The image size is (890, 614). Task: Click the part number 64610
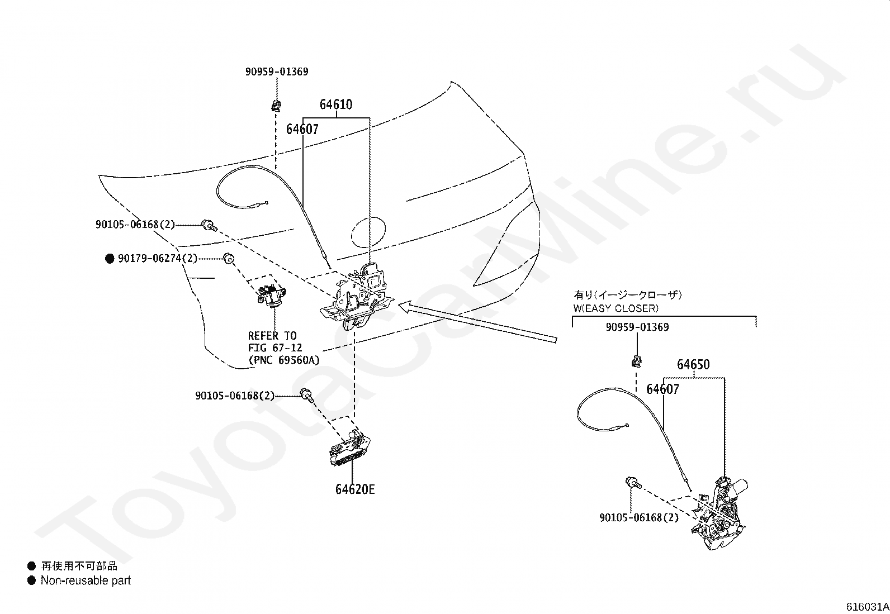click(x=336, y=104)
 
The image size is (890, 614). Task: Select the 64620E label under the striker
click(x=355, y=489)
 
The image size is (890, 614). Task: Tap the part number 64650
click(x=693, y=365)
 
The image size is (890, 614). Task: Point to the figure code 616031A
click(x=867, y=607)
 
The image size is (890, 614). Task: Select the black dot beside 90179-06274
click(x=110, y=259)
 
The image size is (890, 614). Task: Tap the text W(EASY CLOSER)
click(x=616, y=308)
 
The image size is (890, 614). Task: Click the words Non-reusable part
click(x=86, y=581)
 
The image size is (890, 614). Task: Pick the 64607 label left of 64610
click(x=302, y=130)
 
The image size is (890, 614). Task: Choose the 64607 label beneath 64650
click(x=662, y=389)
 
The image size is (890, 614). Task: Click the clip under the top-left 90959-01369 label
click(x=276, y=105)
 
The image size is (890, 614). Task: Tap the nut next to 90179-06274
click(x=228, y=258)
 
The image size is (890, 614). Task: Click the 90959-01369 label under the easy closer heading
click(x=637, y=327)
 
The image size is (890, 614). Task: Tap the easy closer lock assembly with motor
click(x=718, y=514)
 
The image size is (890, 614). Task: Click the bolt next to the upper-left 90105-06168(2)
click(x=209, y=225)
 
